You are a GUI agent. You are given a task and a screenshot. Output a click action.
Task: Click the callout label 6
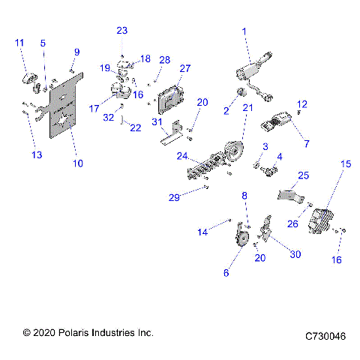[x=226, y=273]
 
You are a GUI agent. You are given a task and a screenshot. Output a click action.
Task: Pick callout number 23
[x=122, y=30]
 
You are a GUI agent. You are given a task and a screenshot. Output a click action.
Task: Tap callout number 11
[x=19, y=42]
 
